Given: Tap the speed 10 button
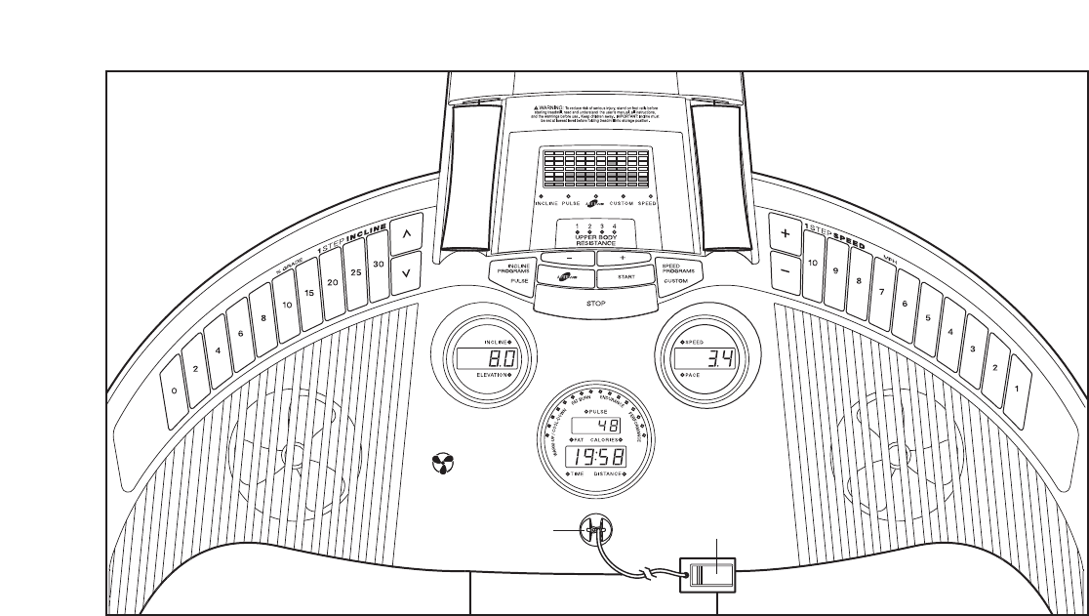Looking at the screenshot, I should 812,264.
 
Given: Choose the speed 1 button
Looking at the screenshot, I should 1018,388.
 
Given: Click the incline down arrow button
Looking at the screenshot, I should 407,274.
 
